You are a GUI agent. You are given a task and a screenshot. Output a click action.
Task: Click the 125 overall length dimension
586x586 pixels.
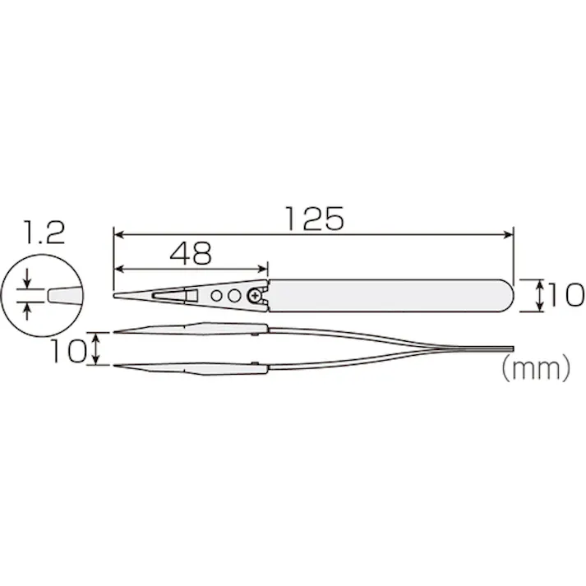click(x=312, y=219)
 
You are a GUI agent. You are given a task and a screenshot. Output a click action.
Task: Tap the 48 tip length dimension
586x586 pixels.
click(x=191, y=252)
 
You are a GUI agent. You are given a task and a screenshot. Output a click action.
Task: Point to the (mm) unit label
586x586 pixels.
click(x=535, y=370)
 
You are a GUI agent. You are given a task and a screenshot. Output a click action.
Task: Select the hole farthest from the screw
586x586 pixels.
click(x=216, y=294)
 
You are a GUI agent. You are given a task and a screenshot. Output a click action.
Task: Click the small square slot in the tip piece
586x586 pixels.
click(x=191, y=293)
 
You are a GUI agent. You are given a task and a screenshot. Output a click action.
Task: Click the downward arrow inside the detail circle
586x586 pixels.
click(x=30, y=279)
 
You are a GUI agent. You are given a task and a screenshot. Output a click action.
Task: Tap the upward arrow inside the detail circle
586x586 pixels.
click(x=30, y=308)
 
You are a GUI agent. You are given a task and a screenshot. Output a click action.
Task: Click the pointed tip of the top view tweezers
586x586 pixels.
click(x=115, y=294)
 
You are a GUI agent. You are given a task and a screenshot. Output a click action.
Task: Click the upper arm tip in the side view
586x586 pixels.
click(x=117, y=332)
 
